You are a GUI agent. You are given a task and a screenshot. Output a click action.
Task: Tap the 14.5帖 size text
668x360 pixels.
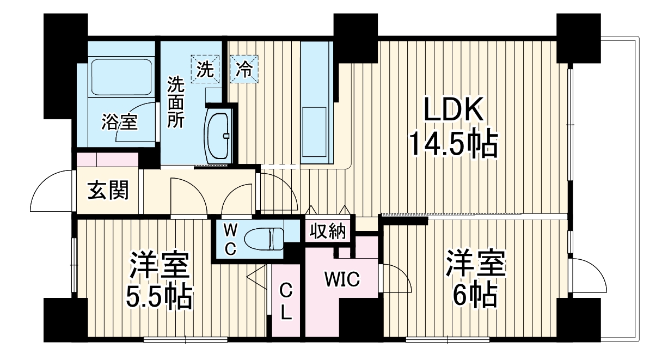[453, 144]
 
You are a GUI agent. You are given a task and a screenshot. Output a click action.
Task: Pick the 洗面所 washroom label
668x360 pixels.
[175, 102]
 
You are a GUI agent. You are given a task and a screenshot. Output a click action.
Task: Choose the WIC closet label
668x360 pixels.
[342, 279]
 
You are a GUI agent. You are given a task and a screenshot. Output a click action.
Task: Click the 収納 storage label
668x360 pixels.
[328, 231]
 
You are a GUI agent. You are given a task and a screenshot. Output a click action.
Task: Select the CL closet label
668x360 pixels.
[286, 303]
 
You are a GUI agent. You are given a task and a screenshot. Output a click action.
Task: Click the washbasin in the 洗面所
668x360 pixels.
[219, 133]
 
